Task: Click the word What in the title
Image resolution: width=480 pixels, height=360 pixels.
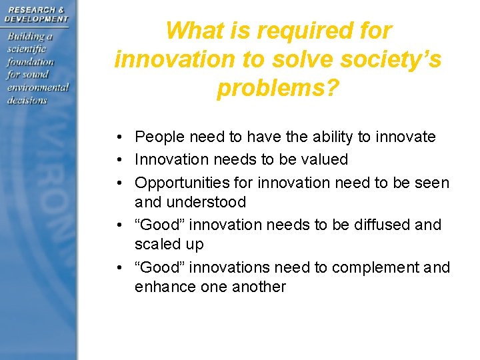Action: click(x=192, y=31)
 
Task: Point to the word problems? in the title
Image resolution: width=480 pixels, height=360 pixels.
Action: click(x=278, y=88)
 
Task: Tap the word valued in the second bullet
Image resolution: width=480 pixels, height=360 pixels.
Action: click(x=325, y=159)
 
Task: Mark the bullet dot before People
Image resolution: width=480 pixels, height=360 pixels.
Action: click(x=117, y=138)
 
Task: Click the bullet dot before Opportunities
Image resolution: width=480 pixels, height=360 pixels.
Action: click(x=117, y=183)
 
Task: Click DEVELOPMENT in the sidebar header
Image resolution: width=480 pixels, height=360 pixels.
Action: click(x=37, y=19)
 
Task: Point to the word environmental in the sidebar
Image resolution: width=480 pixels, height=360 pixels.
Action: click(x=38, y=87)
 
